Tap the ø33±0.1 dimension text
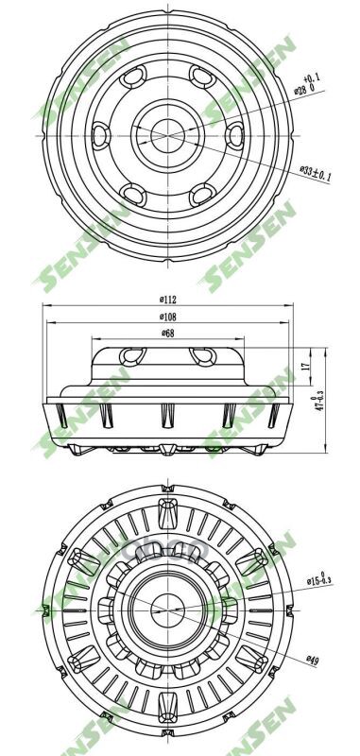point(316,175)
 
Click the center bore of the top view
point(166,134)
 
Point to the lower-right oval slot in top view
point(200,195)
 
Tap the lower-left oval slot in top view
point(133,195)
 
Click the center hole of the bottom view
point(165,606)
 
